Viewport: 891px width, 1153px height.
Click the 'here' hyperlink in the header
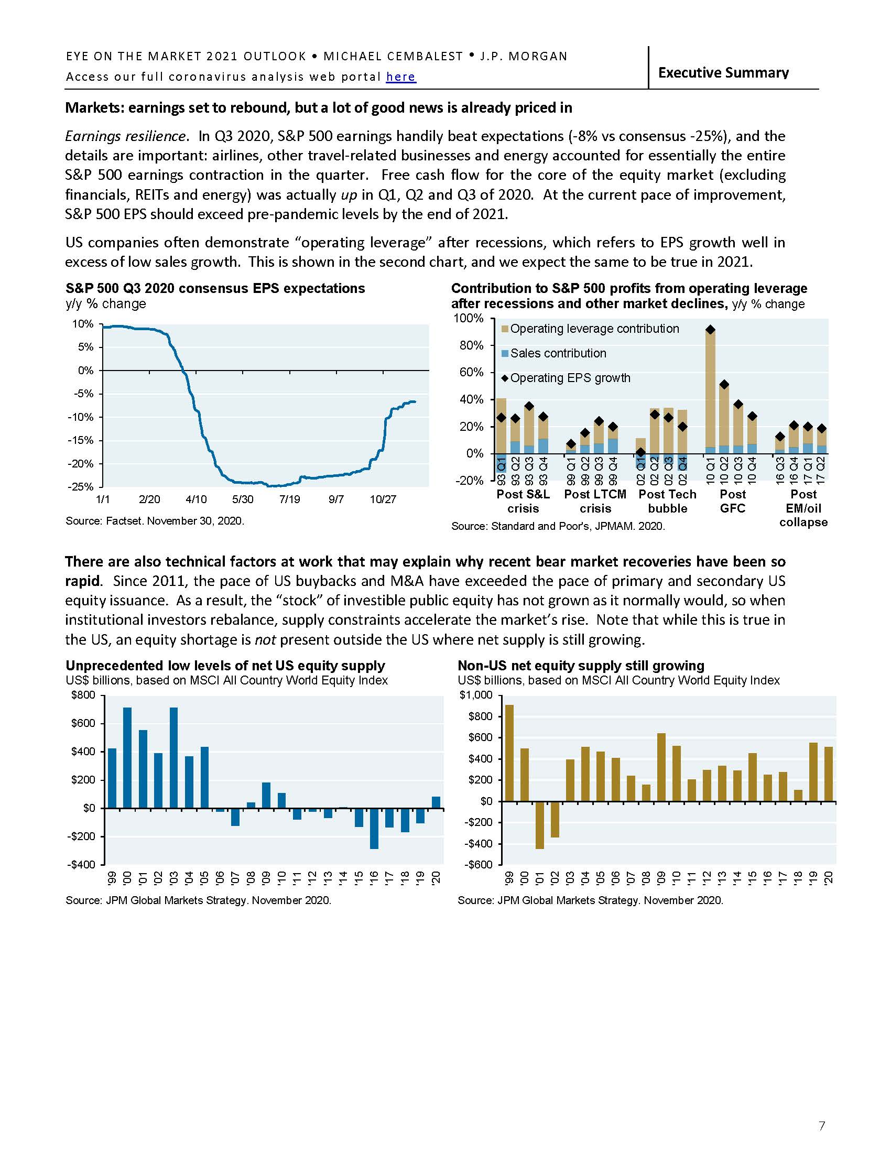[400, 77]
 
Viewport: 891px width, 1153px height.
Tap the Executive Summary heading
[723, 73]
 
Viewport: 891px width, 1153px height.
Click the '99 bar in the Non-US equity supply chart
[509, 752]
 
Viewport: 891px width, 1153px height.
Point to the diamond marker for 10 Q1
[711, 330]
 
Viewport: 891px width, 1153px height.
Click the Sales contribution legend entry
[558, 353]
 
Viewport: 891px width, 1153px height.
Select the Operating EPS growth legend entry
[570, 378]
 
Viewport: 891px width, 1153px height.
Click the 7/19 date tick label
[289, 499]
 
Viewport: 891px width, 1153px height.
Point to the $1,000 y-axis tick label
[476, 695]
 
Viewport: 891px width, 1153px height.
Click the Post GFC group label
[733, 501]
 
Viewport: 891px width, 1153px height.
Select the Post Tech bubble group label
[667, 501]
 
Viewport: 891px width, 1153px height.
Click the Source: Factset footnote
[155, 521]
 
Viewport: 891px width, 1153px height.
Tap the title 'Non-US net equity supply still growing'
[581, 665]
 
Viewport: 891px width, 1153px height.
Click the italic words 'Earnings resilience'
[125, 136]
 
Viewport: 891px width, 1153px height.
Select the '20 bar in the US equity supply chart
[436, 802]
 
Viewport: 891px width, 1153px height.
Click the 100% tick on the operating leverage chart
[468, 318]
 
